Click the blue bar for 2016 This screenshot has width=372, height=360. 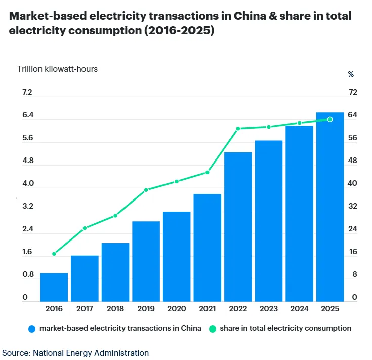54,287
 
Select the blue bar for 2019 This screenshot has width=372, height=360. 146,261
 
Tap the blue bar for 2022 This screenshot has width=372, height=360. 238,227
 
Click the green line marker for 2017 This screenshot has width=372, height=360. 85,228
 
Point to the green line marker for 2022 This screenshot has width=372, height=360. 238,129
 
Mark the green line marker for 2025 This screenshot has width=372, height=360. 330,119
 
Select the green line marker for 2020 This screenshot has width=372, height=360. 177,181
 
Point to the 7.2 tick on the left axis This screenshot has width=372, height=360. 27,92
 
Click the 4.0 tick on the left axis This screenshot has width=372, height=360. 27,183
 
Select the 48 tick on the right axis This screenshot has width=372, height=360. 353,161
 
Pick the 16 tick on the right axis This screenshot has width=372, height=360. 353,252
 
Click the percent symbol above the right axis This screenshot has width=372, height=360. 351,74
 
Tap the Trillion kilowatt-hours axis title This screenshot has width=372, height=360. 58,69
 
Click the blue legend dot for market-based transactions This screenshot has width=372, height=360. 32,328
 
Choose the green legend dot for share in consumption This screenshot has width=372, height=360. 213,328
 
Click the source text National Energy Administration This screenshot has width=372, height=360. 91,353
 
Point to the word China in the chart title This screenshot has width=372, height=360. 249,16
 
